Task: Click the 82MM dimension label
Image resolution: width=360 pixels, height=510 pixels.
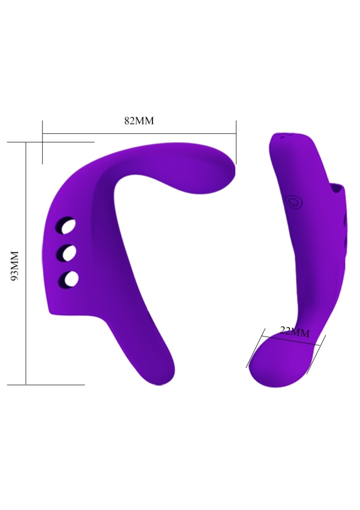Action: pos(139,121)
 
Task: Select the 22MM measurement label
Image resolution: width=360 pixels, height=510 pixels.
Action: pos(295,332)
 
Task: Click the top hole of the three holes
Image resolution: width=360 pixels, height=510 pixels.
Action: pos(67,225)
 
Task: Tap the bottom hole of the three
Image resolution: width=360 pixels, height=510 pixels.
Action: pos(68,279)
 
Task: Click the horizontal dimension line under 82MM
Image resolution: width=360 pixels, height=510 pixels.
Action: pos(139,133)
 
